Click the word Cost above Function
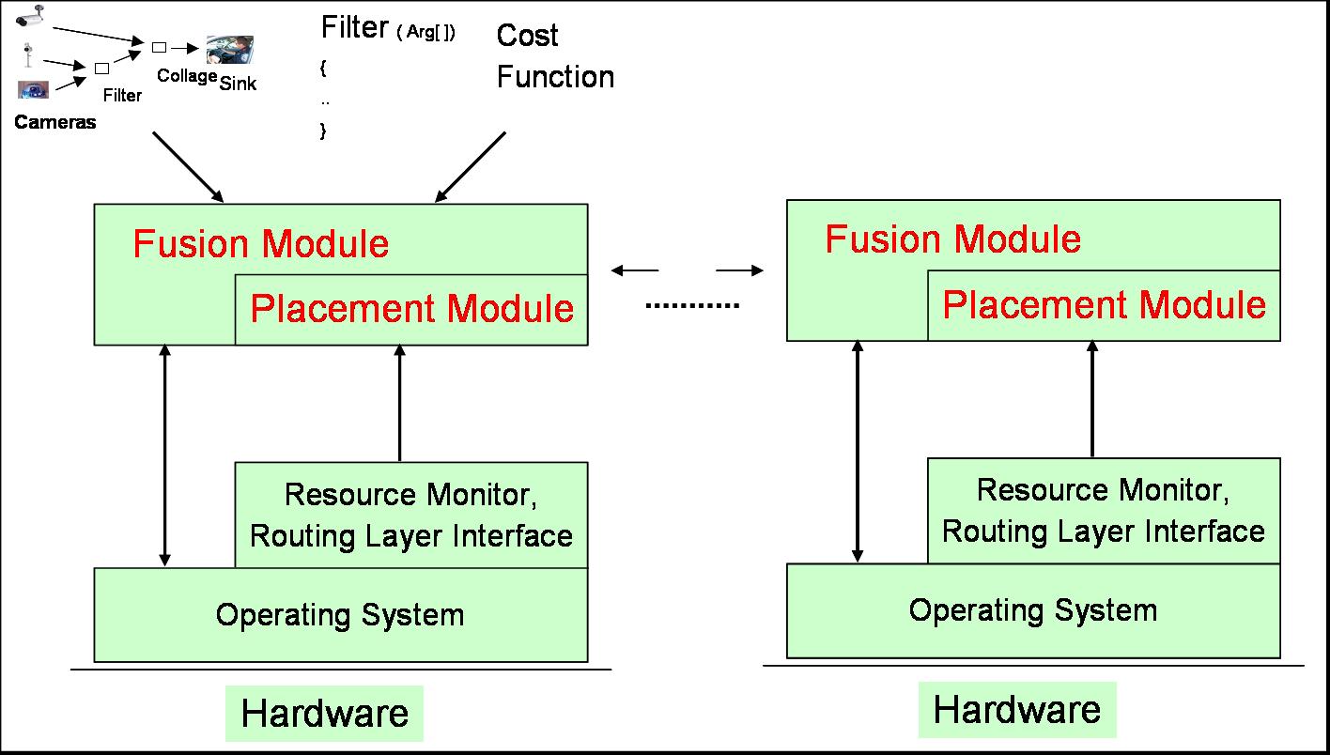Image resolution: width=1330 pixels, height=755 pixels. (527, 36)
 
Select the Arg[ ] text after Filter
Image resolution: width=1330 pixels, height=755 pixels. (425, 33)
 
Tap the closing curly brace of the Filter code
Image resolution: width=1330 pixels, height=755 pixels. (323, 131)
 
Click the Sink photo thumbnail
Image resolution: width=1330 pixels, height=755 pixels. (230, 50)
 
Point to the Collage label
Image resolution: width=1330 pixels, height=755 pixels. (187, 76)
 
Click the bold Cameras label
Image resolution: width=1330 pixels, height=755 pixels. (54, 122)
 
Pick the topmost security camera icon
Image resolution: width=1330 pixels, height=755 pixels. (30, 15)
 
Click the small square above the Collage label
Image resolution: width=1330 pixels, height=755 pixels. (159, 46)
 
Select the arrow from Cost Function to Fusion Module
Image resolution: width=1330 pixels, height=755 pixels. (470, 167)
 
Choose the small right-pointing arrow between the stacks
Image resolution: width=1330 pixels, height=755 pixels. (740, 271)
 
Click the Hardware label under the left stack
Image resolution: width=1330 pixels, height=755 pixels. (324, 714)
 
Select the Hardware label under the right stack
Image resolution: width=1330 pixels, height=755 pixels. (1016, 709)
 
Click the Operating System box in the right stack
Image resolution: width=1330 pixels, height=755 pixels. (1032, 610)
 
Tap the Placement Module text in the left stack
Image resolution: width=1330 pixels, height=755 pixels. (411, 309)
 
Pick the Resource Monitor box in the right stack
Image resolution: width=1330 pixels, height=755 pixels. (1103, 510)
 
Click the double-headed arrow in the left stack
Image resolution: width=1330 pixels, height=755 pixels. (165, 455)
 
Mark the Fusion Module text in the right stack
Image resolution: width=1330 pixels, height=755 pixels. (952, 239)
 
